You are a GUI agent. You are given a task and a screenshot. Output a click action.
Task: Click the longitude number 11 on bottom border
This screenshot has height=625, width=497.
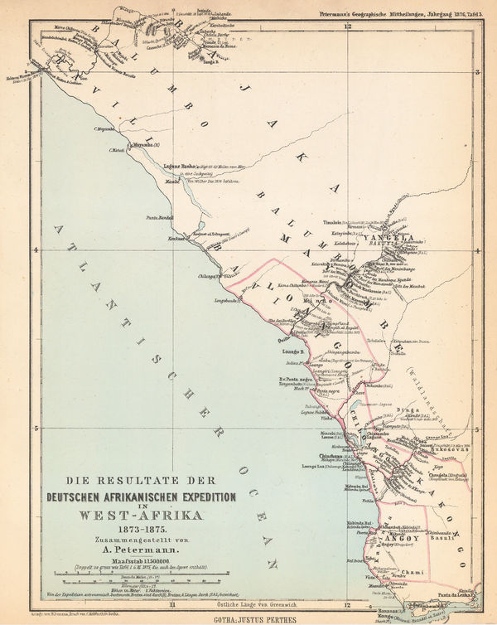point(172,604)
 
